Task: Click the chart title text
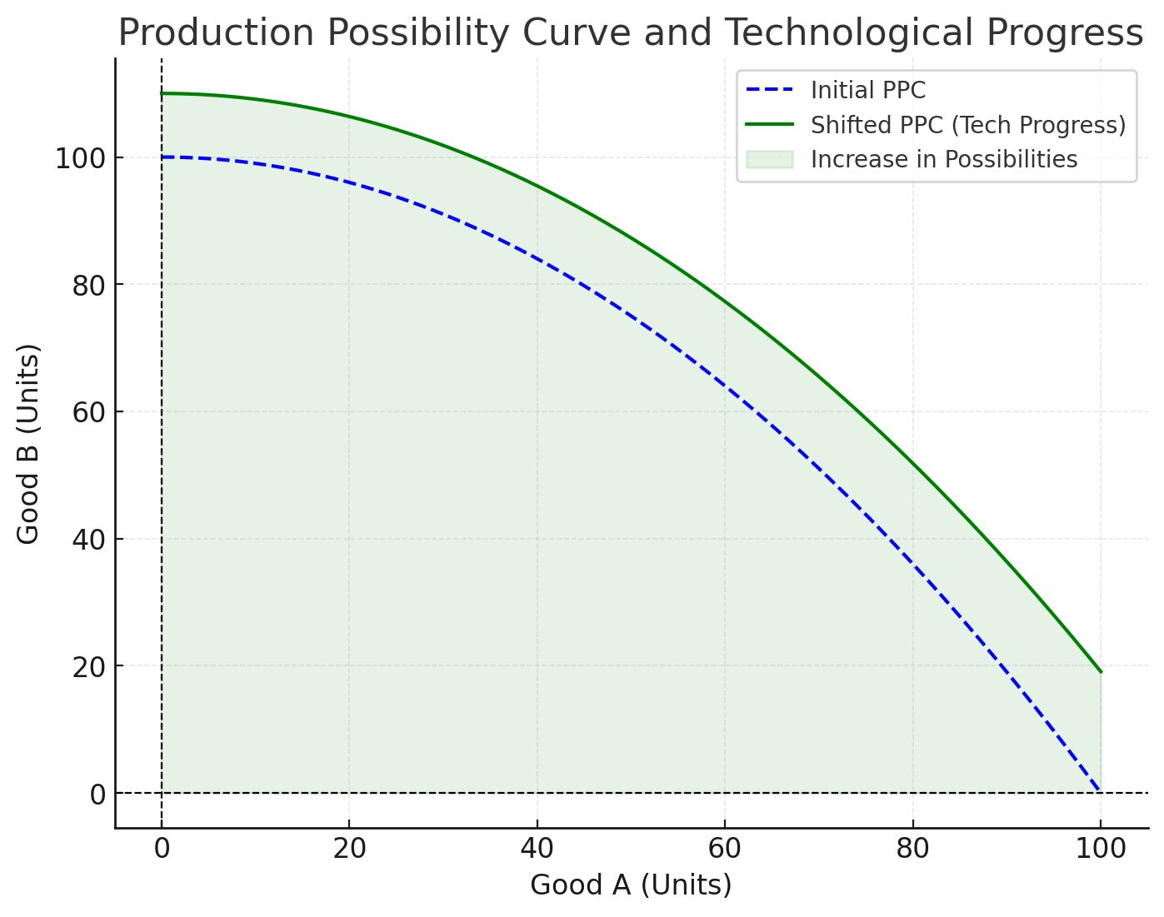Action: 631,33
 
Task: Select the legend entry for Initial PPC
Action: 867,90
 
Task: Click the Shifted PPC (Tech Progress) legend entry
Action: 967,125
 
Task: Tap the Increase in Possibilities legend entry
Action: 943,159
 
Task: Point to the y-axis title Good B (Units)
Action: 28,444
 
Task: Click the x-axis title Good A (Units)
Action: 631,885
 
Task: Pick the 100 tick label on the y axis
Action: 80,158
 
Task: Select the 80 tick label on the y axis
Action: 87,286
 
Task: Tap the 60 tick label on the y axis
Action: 87,412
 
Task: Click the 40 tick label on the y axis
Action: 87,540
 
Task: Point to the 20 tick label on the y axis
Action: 87,667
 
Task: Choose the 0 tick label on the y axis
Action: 97,795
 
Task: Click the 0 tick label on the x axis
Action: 162,849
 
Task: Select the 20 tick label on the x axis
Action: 349,849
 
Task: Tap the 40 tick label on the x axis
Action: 537,849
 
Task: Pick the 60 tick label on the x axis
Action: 725,849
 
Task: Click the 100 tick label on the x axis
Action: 1100,849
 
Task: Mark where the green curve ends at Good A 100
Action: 1101,671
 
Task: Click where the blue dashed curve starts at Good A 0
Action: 162,157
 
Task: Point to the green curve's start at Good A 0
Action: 162,93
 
